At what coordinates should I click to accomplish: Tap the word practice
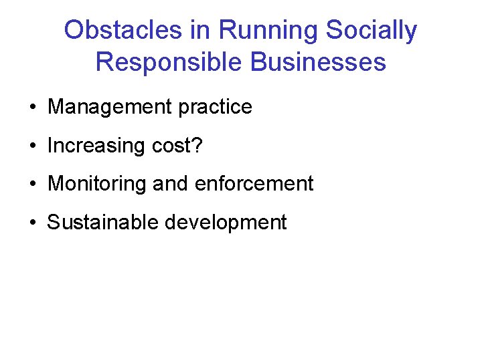216,107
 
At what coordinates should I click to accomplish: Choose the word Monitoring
97,184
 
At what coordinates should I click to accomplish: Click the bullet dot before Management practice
32,108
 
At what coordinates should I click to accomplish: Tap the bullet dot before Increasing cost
32,146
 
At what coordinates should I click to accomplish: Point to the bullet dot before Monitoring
32,184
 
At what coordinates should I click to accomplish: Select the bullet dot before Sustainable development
32,223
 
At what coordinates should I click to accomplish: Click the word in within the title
203,30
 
